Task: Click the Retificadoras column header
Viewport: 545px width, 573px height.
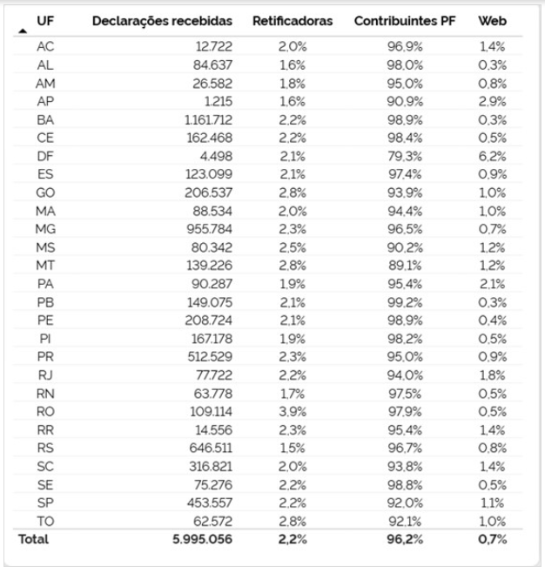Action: (x=293, y=20)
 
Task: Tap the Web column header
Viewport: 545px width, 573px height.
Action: (x=493, y=20)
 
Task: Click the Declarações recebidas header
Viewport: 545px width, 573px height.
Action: (x=164, y=20)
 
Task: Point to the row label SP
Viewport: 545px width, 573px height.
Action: (x=46, y=503)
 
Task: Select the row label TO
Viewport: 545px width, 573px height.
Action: (x=46, y=521)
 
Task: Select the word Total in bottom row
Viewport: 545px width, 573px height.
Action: (x=34, y=540)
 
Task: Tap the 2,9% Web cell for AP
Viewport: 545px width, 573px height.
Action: (x=493, y=101)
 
